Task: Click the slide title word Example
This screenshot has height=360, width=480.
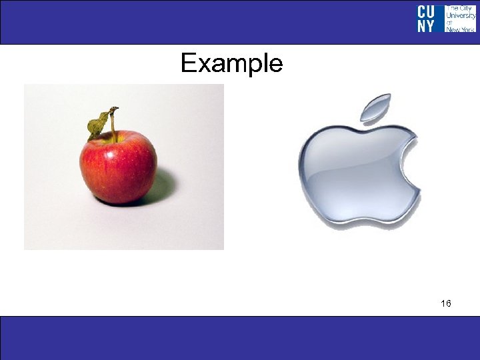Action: point(231,64)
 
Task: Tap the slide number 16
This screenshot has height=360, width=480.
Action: point(445,304)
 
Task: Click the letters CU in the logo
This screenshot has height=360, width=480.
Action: point(426,11)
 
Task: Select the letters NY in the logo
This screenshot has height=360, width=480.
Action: point(426,25)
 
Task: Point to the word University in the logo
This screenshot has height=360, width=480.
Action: point(460,15)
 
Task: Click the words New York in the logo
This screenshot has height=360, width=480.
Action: point(460,29)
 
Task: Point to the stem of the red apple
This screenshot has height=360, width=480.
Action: point(113,127)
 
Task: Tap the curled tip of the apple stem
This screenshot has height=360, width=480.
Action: point(114,109)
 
